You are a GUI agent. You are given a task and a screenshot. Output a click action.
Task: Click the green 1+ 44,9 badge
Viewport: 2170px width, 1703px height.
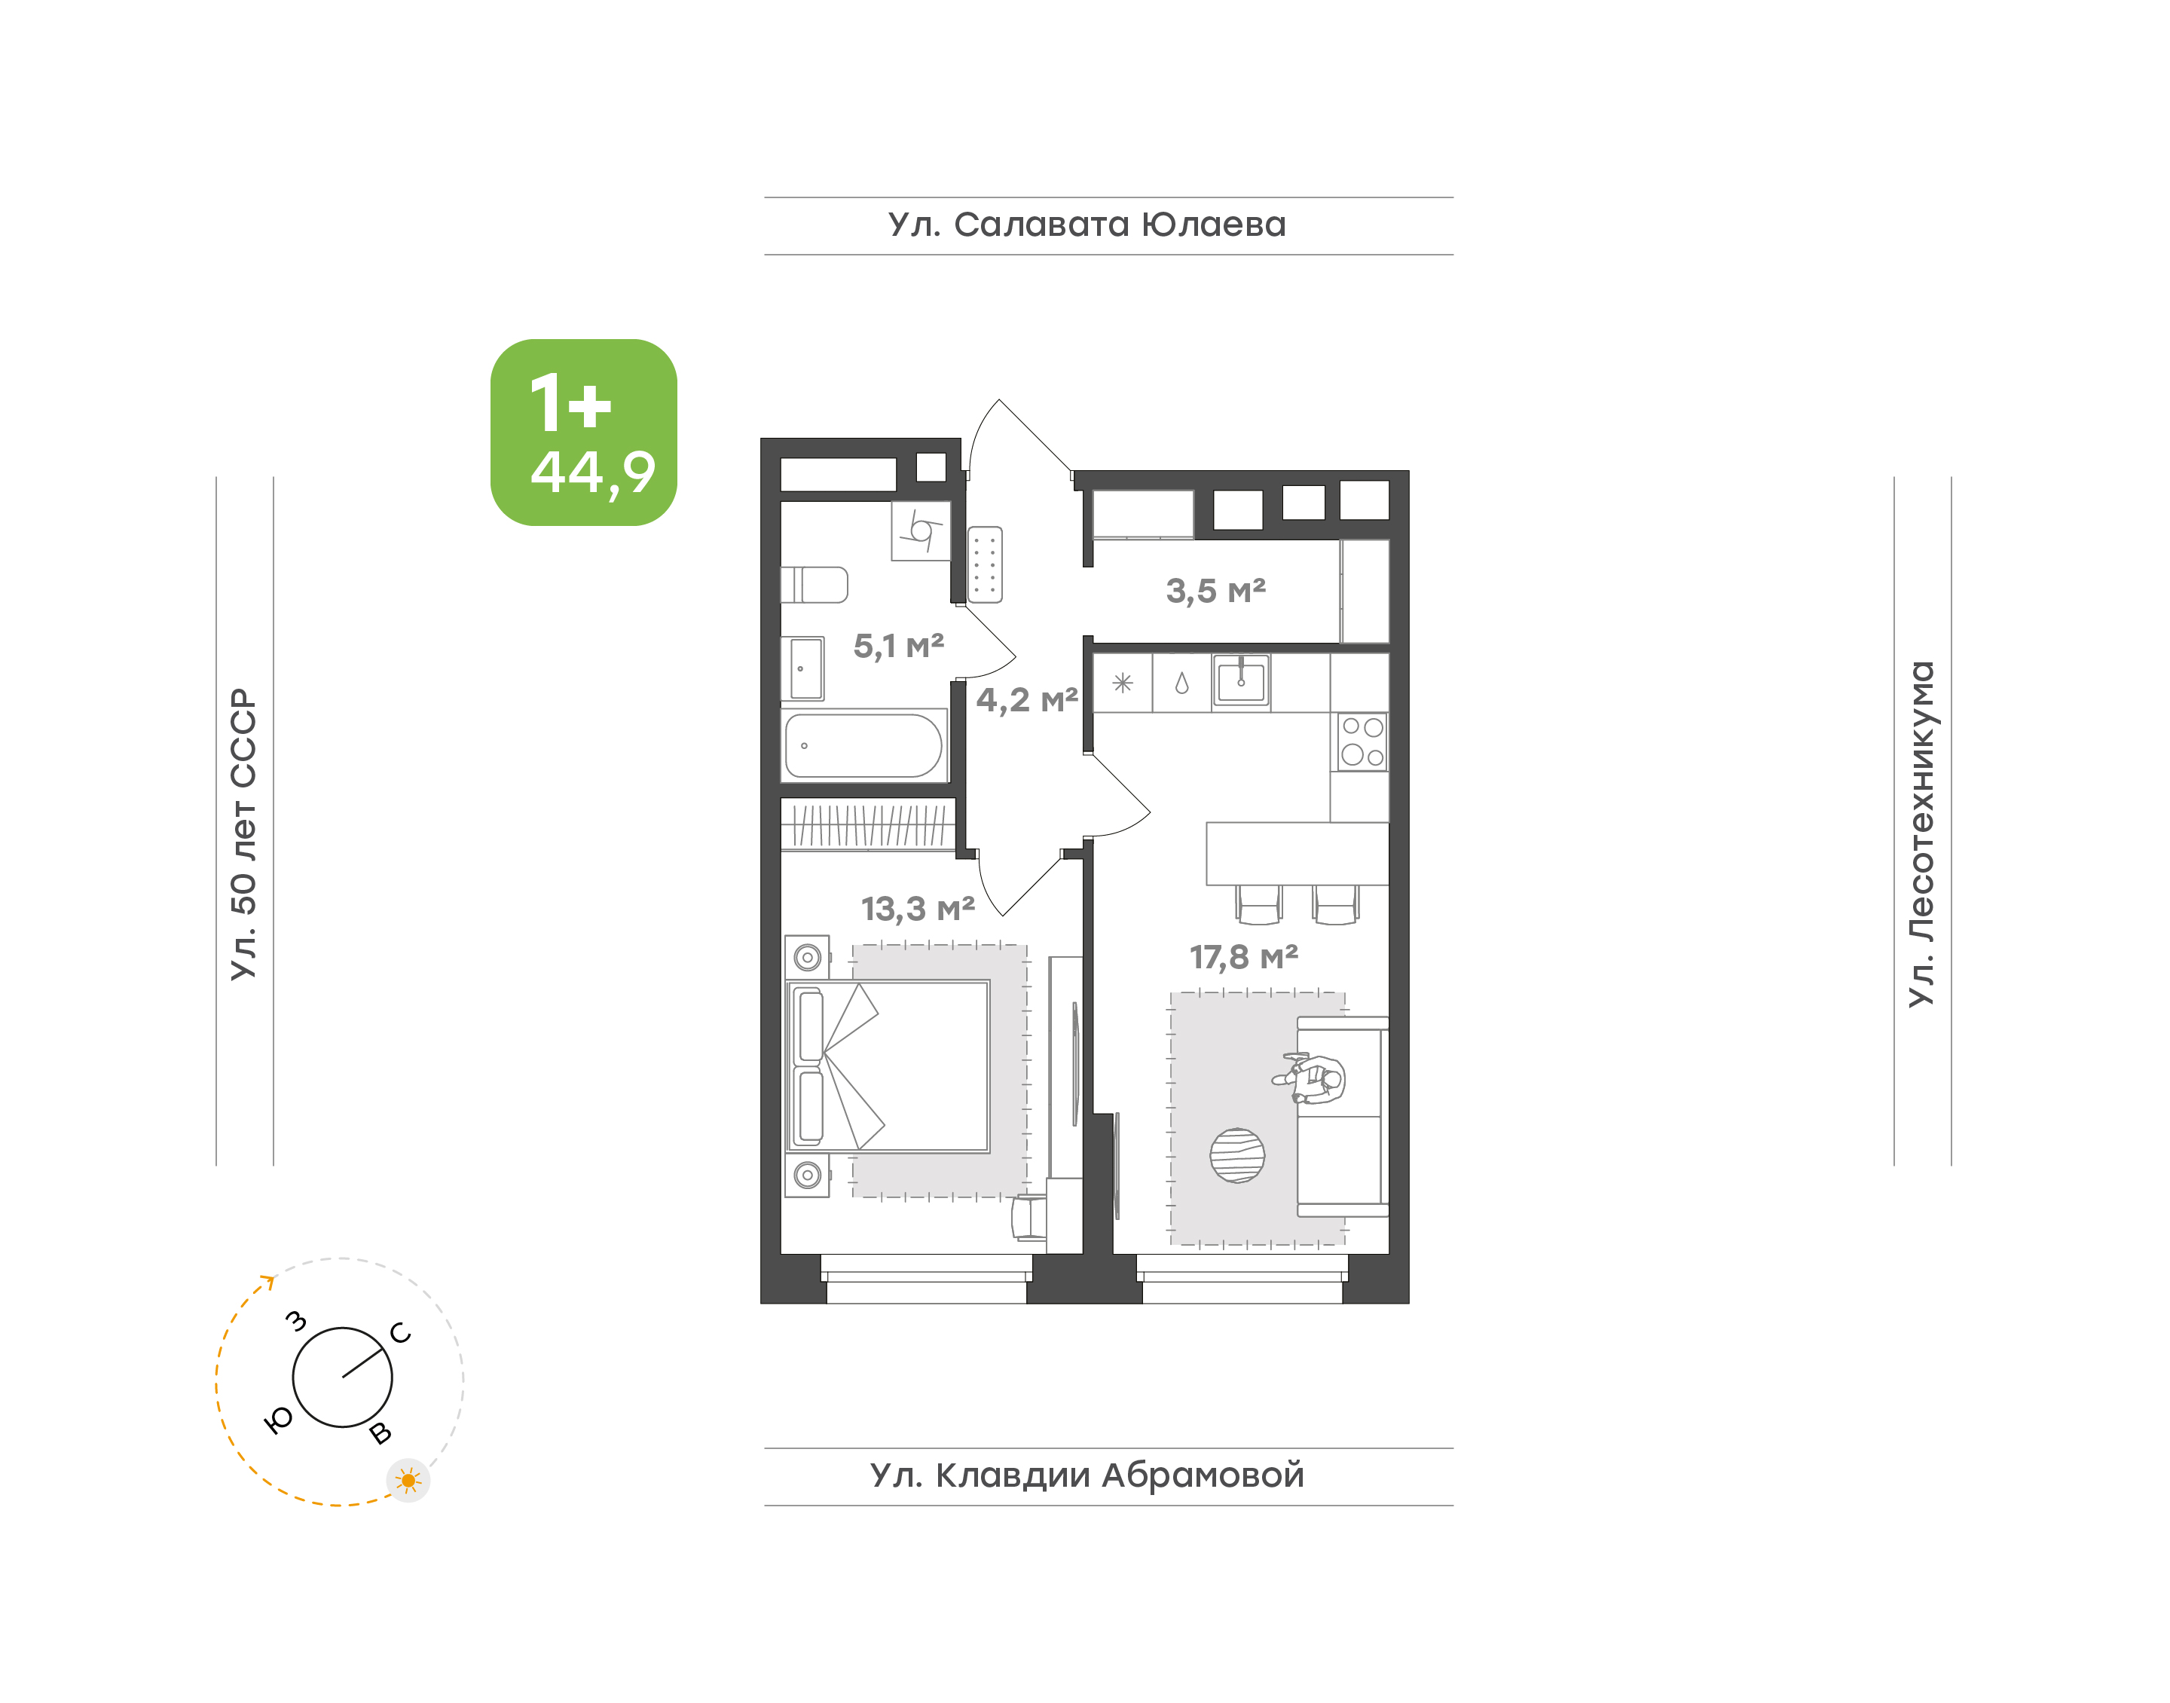(x=583, y=432)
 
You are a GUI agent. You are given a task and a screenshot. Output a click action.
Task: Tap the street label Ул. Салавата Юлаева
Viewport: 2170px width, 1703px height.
(x=1087, y=225)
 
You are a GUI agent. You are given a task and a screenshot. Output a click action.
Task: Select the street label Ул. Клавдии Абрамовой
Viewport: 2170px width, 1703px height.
(x=1087, y=1475)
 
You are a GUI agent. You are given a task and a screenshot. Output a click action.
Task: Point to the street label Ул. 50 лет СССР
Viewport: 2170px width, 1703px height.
(x=244, y=833)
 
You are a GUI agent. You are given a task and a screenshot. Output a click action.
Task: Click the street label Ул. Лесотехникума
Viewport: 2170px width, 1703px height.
(x=1921, y=833)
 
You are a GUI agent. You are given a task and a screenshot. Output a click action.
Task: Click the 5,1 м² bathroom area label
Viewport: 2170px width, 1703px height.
(x=898, y=646)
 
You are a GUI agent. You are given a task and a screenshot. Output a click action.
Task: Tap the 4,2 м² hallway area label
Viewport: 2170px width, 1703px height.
(x=1027, y=700)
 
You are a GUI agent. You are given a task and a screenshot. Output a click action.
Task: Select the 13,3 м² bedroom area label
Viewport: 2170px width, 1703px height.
(x=917, y=908)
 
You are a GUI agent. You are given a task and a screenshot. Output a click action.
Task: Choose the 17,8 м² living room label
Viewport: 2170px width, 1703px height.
(x=1243, y=957)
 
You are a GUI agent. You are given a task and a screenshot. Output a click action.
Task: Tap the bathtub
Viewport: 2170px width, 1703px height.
(x=863, y=746)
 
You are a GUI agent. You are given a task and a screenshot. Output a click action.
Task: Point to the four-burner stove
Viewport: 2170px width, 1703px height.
(x=1362, y=741)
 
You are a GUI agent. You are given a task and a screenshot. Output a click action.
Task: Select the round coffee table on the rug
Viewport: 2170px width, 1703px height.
(x=1237, y=1156)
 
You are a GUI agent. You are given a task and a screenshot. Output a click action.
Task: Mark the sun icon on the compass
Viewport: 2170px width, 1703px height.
(x=408, y=1481)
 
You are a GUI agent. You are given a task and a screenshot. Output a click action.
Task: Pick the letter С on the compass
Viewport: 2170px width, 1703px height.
(x=401, y=1332)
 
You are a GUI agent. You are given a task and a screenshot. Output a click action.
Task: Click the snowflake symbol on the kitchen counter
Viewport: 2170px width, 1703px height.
(x=1123, y=683)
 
